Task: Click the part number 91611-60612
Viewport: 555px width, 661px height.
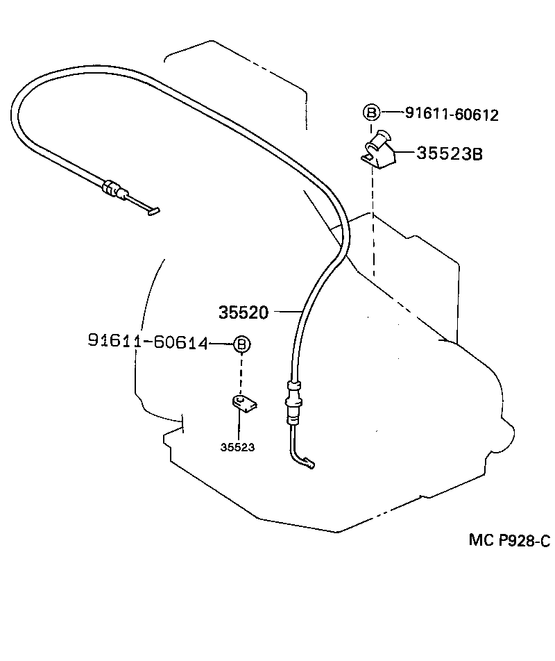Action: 452,115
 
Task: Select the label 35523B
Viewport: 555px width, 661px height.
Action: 449,153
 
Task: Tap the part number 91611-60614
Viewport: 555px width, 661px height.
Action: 148,341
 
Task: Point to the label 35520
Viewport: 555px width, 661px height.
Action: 244,312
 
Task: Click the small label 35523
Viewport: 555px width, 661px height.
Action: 237,448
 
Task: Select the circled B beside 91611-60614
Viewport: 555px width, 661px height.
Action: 241,343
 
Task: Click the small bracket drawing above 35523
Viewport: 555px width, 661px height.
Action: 242,403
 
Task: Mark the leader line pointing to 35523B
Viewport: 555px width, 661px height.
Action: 405,152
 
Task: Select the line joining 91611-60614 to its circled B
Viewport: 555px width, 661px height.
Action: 221,343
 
